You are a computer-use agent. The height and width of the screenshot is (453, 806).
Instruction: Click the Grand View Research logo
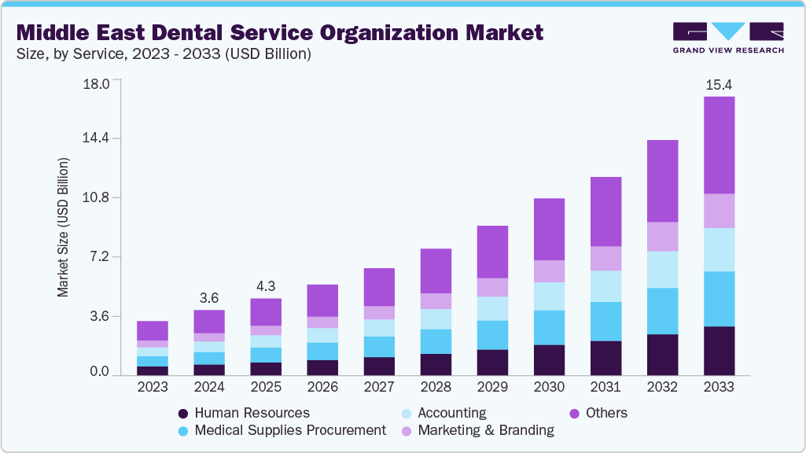727,37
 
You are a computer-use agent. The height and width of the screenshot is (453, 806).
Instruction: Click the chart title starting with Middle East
280,33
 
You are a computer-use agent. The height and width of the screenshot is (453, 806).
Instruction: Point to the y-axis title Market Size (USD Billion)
63,227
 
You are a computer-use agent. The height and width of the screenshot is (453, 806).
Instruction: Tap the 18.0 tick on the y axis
95,83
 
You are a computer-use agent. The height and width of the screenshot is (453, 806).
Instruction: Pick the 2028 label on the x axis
436,387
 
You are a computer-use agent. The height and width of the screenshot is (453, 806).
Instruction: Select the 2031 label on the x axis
605,387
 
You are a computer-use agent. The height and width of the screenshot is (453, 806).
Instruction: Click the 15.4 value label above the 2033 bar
719,84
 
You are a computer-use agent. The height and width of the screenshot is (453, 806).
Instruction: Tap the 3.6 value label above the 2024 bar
209,297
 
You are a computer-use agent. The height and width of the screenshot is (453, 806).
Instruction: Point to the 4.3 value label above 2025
266,286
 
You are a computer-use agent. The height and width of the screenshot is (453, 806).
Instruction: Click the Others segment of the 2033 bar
719,145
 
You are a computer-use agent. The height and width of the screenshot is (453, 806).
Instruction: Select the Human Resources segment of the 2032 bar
662,355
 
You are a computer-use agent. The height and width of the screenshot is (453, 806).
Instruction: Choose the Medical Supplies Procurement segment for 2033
719,299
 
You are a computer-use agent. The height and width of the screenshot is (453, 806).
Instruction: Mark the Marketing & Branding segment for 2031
605,258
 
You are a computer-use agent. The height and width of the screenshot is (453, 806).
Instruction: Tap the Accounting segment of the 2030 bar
549,296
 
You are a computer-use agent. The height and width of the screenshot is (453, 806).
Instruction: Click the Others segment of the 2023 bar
153,330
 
